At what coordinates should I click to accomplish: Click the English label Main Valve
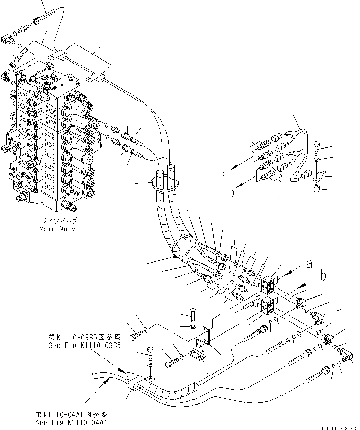59,229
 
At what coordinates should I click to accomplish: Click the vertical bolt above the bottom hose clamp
150,353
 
